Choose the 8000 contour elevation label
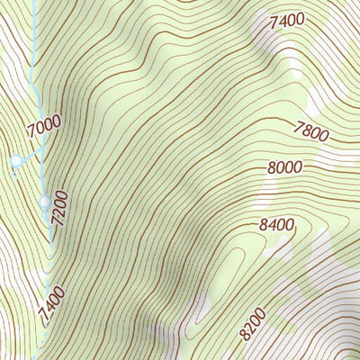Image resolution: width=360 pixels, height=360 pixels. point(283,166)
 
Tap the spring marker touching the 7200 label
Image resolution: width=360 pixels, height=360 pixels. point(46,202)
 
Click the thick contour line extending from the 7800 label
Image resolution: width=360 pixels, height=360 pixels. point(270,123)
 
